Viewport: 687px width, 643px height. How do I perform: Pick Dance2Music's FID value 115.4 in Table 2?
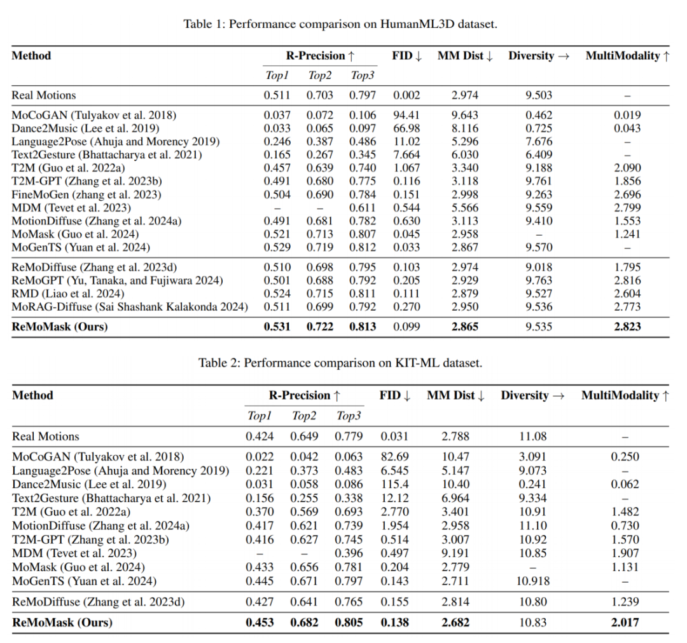(394, 485)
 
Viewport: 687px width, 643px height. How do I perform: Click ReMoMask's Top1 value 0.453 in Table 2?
(260, 623)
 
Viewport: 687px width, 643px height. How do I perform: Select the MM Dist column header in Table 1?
(465, 56)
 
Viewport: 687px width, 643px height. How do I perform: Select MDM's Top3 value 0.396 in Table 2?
(349, 553)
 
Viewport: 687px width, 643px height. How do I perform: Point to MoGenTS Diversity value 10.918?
(532, 581)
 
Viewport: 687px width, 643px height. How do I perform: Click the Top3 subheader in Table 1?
(363, 76)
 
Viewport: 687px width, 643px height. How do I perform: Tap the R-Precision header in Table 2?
(305, 395)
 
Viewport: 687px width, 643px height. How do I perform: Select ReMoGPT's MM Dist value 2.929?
(464, 280)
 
